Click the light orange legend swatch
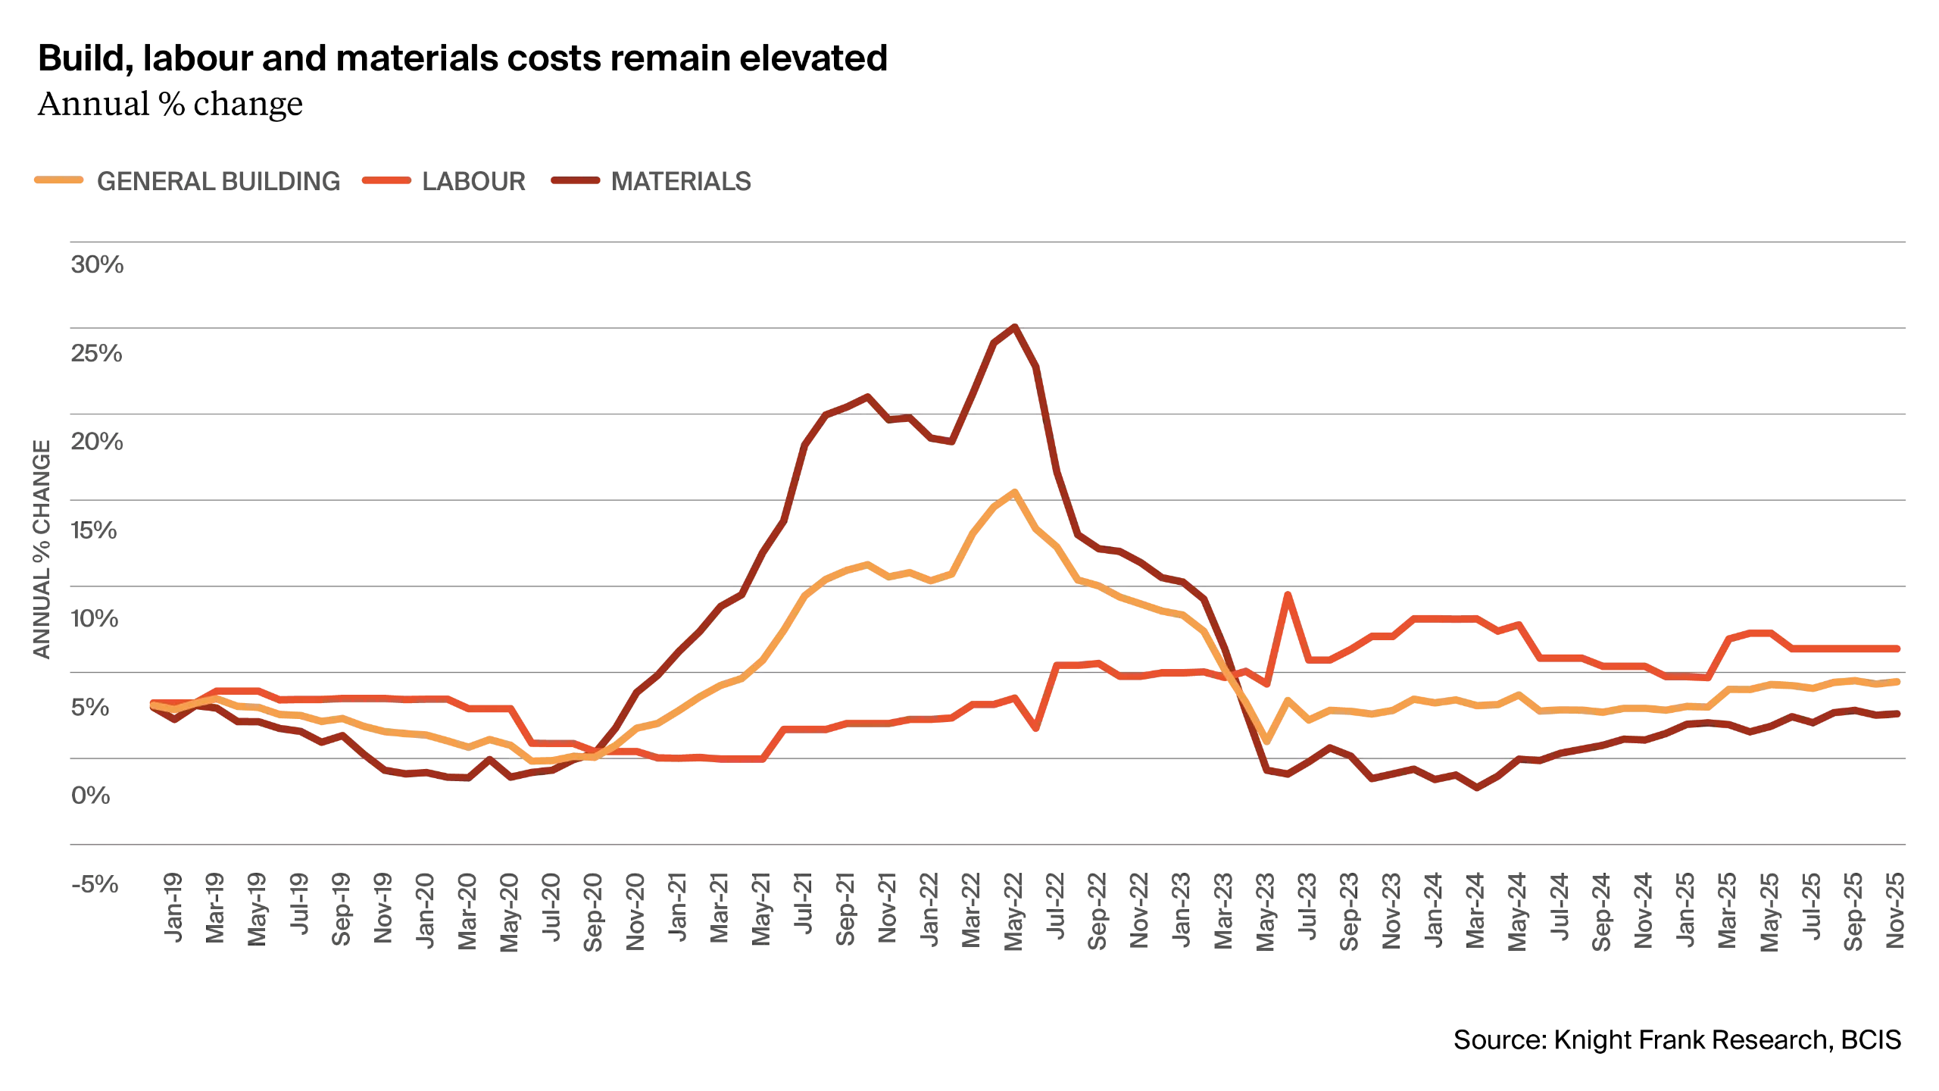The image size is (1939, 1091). point(58,182)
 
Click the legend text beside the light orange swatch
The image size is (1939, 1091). point(220,182)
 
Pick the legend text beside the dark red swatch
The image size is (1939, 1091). point(680,182)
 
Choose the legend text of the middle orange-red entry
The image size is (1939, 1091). point(471,182)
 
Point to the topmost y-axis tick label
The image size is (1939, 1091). point(96,267)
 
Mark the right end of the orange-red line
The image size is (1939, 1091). point(1900,649)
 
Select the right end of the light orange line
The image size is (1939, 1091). point(1900,681)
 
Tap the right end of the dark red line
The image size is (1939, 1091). point(1900,714)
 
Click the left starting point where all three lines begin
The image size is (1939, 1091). point(152,705)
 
